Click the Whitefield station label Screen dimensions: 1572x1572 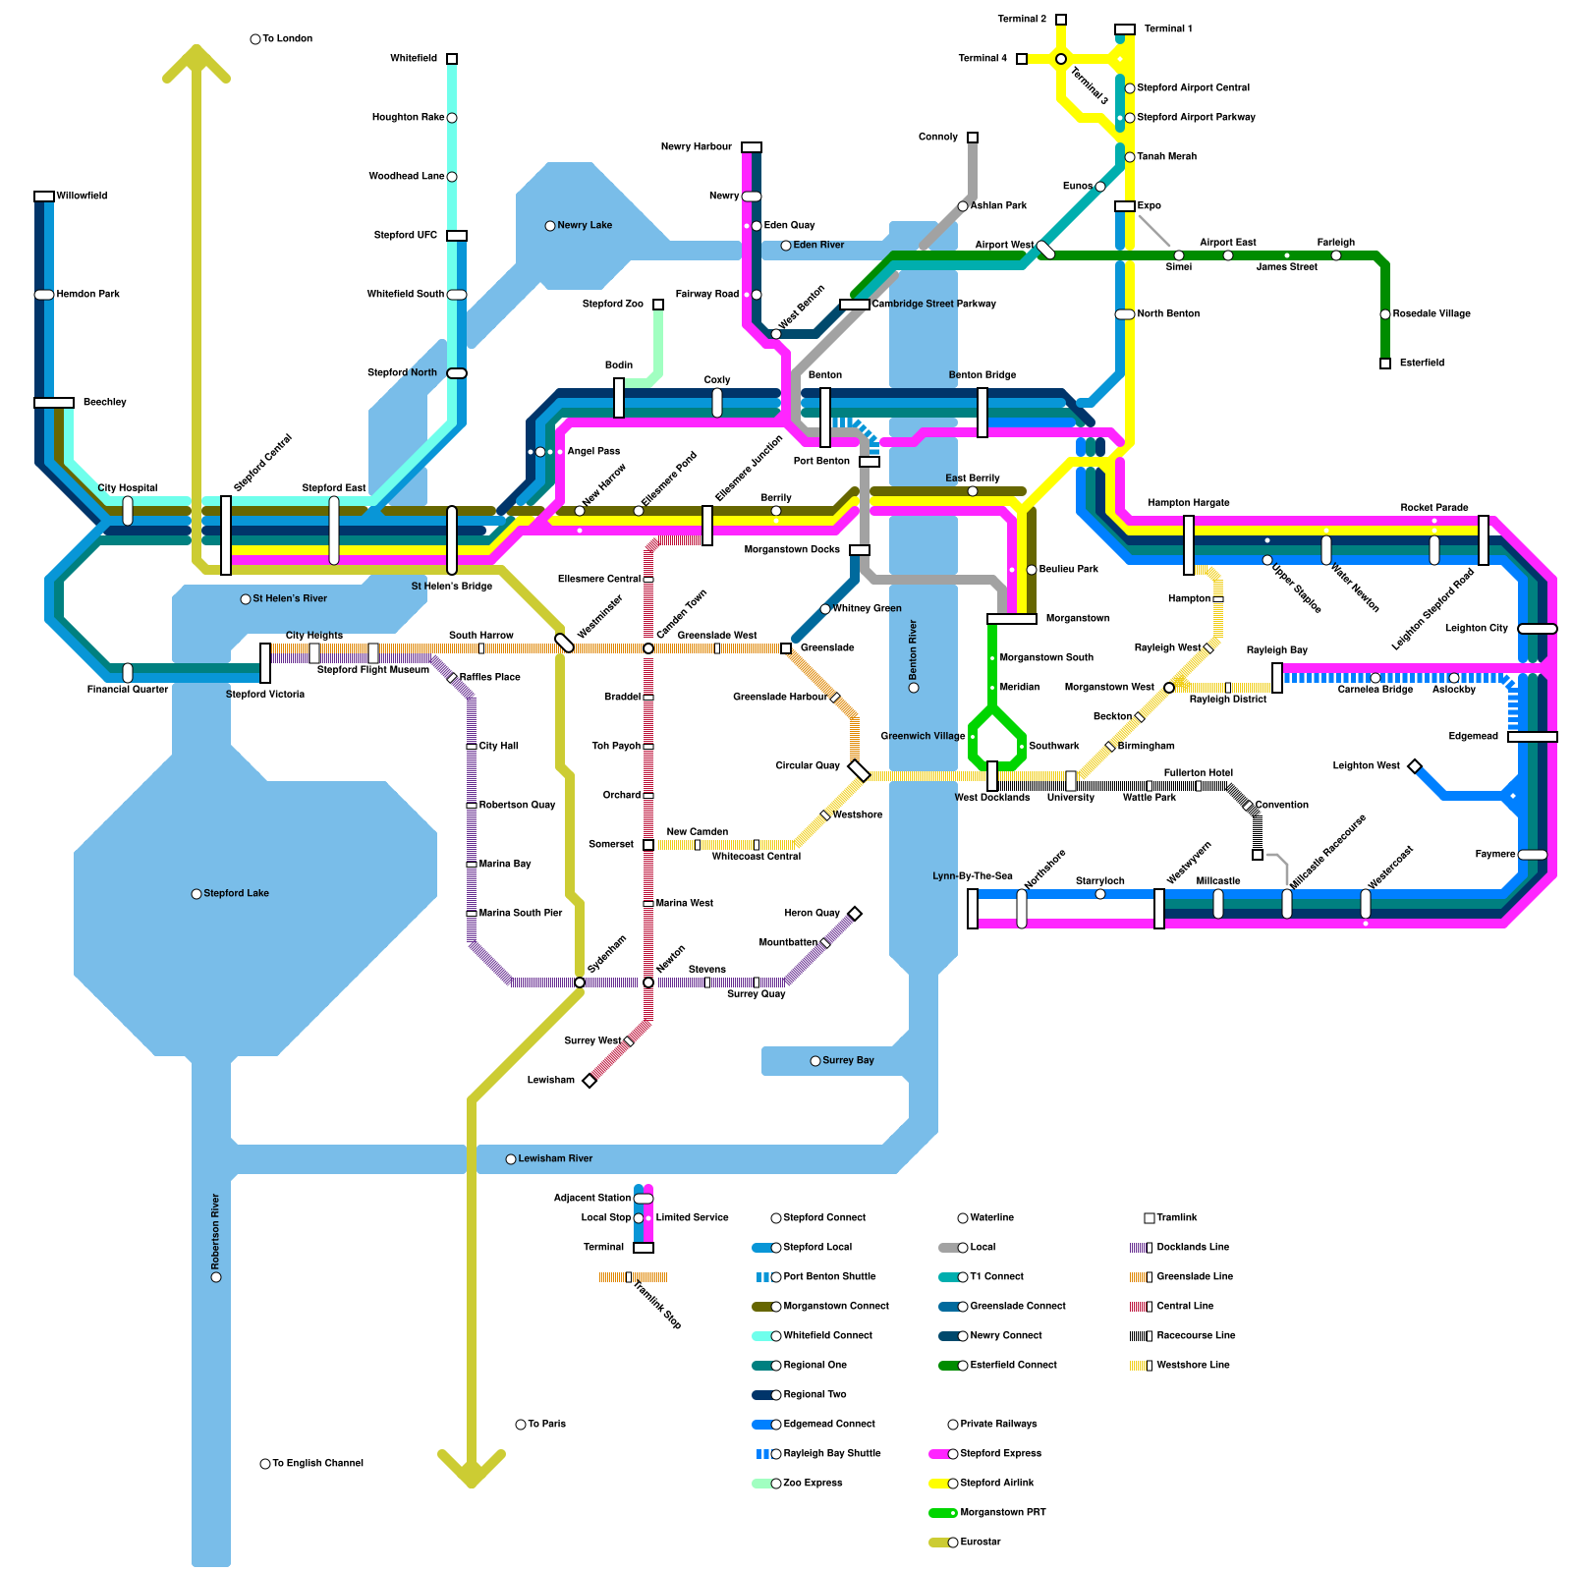[413, 59]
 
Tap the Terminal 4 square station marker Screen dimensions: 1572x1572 [1022, 59]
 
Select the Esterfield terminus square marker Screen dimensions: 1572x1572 [1385, 364]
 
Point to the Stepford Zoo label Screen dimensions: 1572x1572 [612, 305]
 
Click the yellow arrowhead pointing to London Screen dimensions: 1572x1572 [196, 61]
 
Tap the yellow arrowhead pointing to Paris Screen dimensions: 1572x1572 [472, 1470]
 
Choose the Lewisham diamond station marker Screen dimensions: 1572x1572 [589, 1081]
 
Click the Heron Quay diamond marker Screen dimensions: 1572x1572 [855, 914]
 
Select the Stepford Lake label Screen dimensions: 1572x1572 [236, 894]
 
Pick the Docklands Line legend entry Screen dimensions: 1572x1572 [1193, 1248]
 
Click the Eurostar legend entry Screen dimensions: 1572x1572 [980, 1543]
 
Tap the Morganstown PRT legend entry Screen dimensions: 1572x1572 [1002, 1513]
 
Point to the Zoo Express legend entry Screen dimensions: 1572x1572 [813, 1484]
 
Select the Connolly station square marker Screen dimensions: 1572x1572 [973, 138]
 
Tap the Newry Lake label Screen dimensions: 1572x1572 [585, 226]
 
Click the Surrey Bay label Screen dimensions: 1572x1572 [848, 1061]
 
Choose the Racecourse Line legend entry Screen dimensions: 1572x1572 [1196, 1336]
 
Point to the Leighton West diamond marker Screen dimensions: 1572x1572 [1415, 766]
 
